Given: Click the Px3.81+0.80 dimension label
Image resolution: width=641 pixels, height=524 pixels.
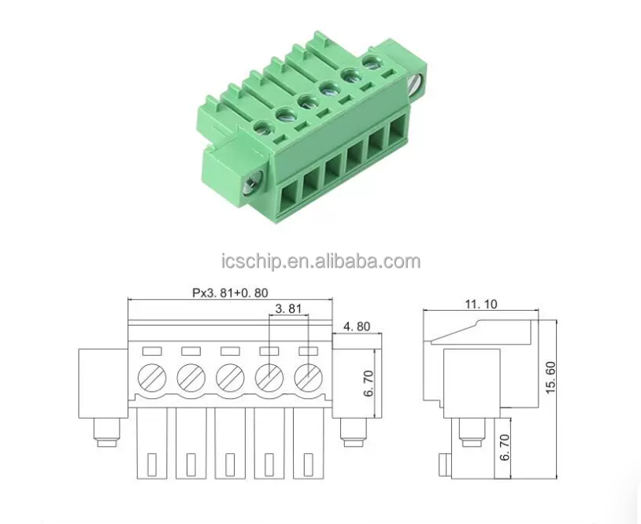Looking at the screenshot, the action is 230,293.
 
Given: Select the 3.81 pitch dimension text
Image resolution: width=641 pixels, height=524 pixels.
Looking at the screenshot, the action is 288,308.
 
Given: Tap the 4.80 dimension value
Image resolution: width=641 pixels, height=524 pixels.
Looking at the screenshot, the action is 357,327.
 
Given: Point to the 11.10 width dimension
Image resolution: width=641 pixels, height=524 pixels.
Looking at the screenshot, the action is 481,304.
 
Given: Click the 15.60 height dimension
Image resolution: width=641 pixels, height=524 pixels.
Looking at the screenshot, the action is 550,378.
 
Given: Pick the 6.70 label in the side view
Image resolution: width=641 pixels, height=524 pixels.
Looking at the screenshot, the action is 506,448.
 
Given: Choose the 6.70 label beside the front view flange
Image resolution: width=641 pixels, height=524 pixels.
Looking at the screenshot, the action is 369,383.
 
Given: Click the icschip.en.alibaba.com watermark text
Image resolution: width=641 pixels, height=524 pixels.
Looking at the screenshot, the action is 320,261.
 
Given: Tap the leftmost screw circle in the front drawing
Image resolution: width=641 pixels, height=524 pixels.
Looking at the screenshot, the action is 152,376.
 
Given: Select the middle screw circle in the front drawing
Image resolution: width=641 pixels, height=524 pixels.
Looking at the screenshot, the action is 230,376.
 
